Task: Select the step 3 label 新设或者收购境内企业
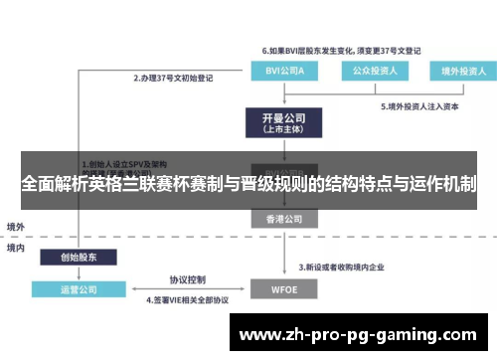(x=345, y=266)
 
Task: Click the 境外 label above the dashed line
(x=17, y=227)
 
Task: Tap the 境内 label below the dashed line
(x=17, y=247)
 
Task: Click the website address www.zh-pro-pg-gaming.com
(x=359, y=332)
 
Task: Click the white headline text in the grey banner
(x=248, y=184)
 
